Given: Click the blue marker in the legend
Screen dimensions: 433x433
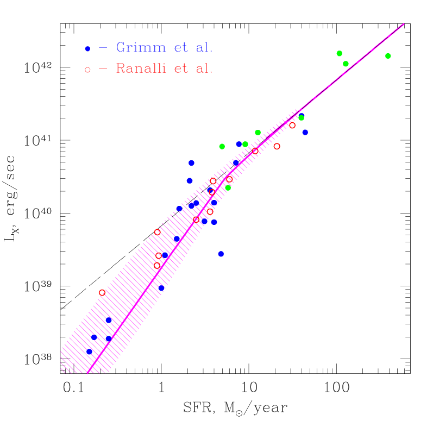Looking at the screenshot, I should coord(87,49).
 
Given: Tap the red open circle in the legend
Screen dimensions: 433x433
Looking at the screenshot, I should coord(87,70).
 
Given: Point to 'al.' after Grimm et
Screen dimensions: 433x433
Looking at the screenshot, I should coord(204,48).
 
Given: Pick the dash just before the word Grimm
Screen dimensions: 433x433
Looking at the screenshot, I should coord(103,48).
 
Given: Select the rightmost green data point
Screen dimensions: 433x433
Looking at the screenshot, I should coord(388,56).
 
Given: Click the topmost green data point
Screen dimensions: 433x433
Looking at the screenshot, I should coord(340,53).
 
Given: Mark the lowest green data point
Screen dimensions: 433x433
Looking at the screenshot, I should coord(228,188).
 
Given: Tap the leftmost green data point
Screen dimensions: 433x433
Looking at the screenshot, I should coord(222,146).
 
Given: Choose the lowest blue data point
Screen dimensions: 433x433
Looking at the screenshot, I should coord(90,352).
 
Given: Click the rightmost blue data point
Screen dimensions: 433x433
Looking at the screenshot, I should coord(305,132).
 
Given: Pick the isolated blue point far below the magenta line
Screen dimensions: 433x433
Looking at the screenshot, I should coord(221,254).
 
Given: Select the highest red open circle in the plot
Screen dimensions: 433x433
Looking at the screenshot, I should coord(292,125).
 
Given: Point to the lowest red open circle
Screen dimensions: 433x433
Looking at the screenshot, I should coord(102,292).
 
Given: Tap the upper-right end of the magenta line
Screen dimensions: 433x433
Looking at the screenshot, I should coord(404,24).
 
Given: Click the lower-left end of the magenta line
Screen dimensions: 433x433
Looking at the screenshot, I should coord(87,373).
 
